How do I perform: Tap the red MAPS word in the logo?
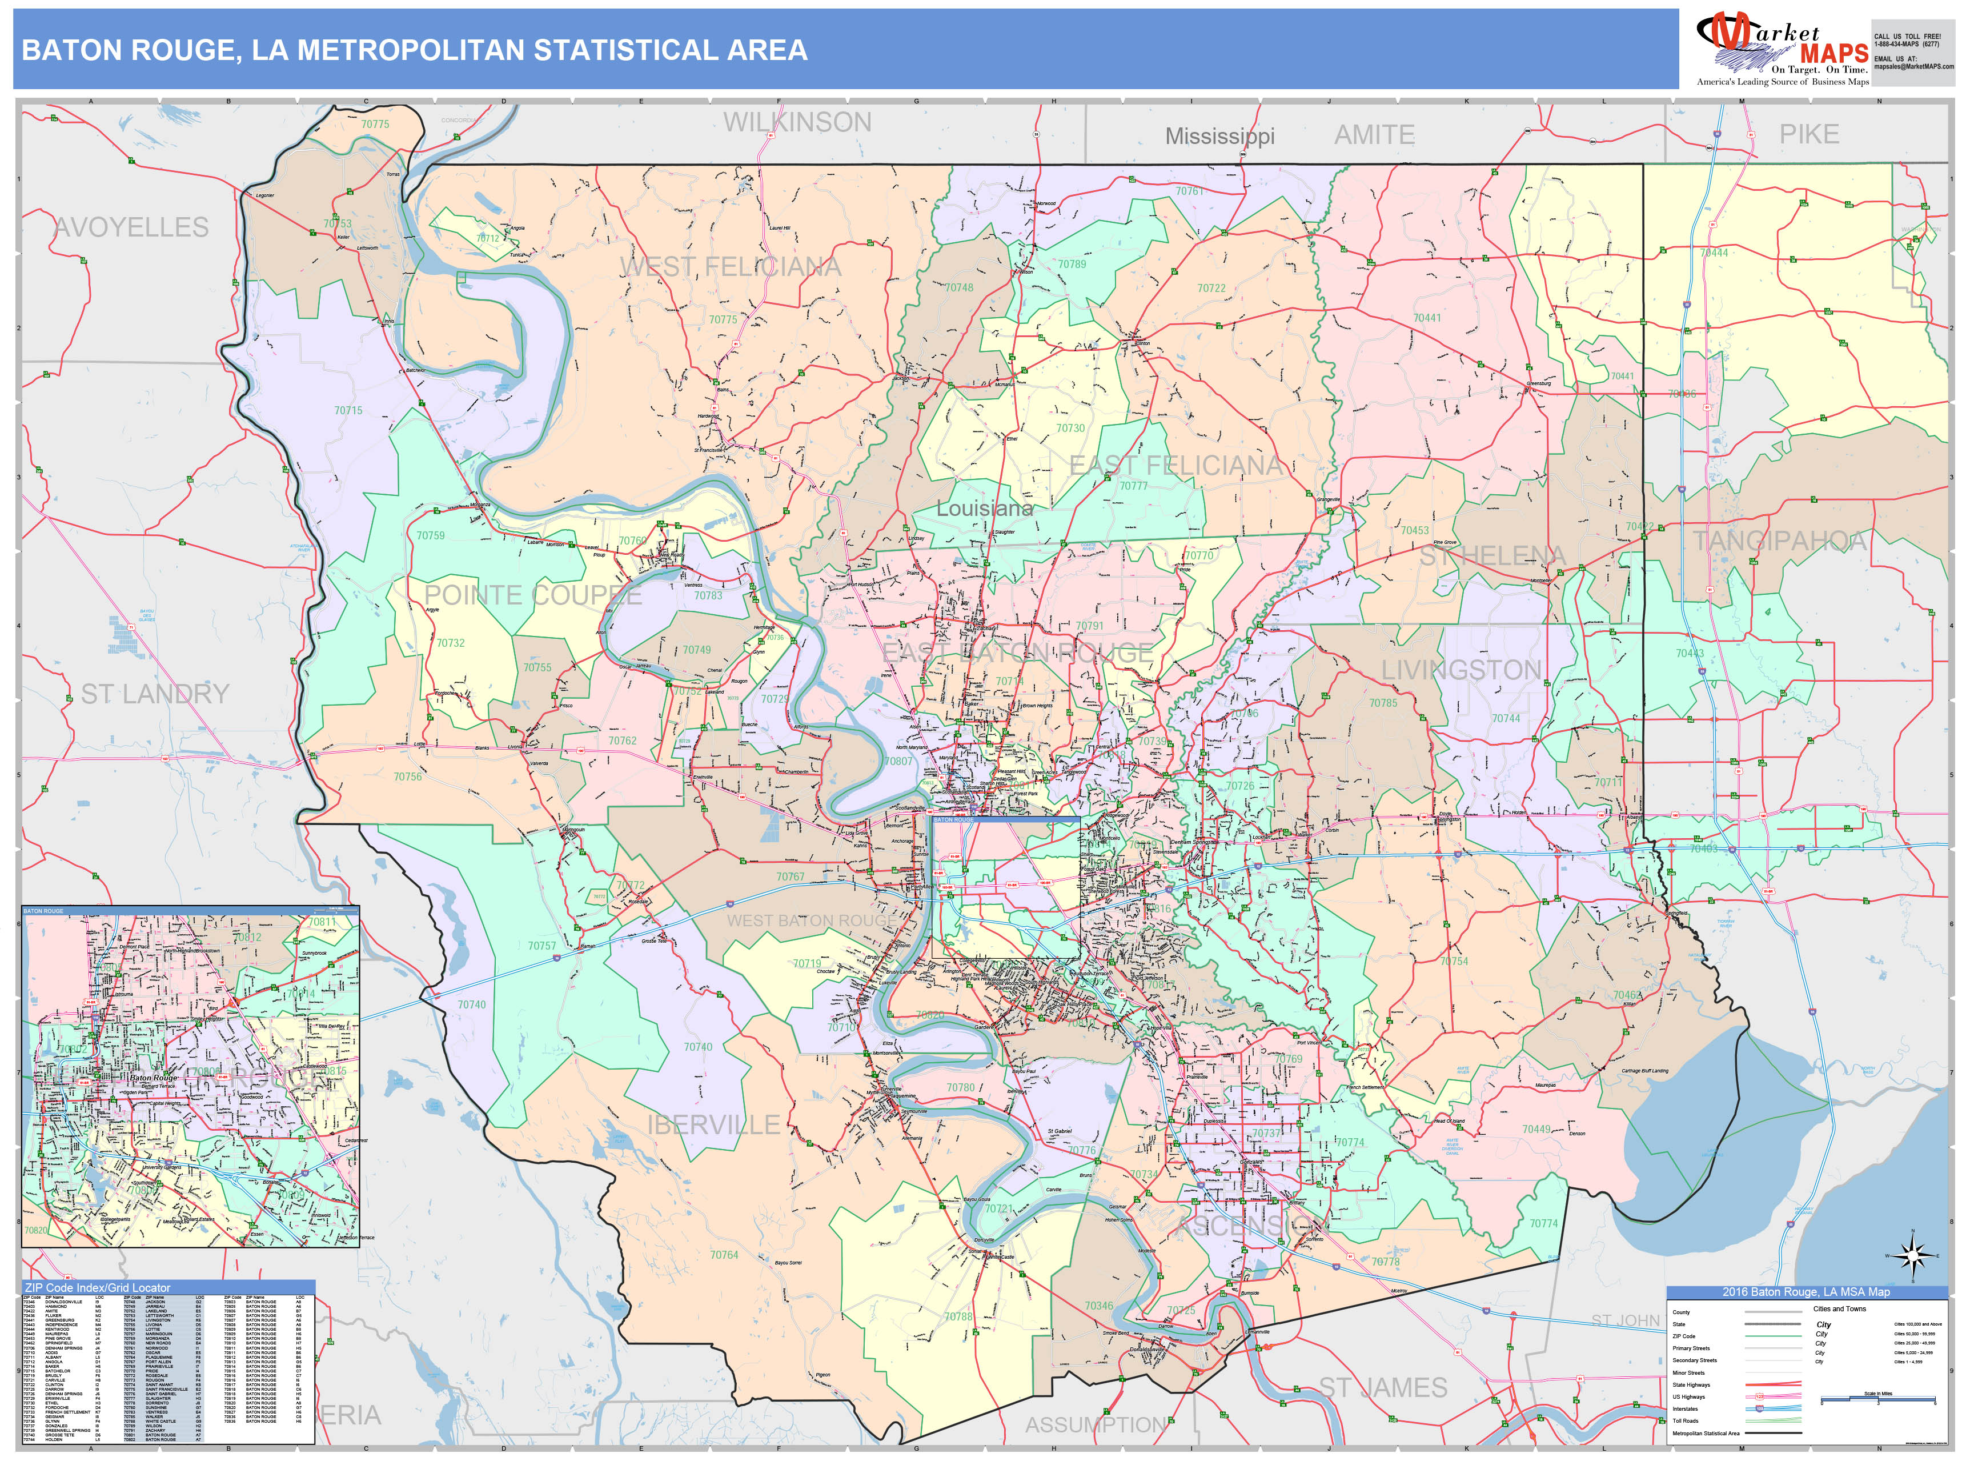pos(1833,54)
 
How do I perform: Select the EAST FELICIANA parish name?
pos(1175,465)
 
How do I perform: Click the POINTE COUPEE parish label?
pos(533,595)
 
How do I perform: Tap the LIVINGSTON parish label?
pos(1461,670)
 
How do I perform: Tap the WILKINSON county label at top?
pos(797,122)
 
